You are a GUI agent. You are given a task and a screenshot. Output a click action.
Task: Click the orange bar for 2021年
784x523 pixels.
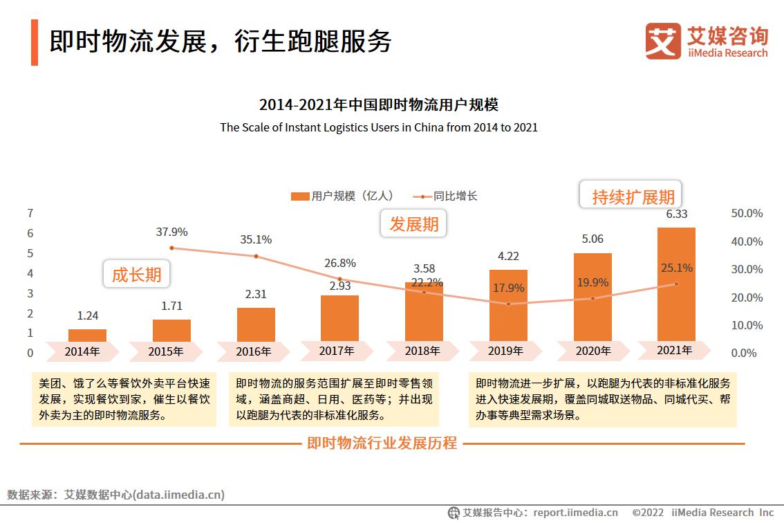pyautogui.click(x=675, y=284)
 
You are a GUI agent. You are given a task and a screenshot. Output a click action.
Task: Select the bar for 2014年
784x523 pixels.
pyautogui.click(x=88, y=336)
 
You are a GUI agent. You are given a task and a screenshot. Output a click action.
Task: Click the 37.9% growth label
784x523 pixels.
pyautogui.click(x=171, y=232)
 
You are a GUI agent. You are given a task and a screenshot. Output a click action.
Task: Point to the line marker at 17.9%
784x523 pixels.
pyautogui.click(x=509, y=304)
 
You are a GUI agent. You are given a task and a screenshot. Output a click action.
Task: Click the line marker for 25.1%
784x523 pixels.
pyautogui.click(x=676, y=284)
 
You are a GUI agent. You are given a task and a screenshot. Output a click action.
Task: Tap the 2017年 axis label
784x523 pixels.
pyautogui.click(x=337, y=351)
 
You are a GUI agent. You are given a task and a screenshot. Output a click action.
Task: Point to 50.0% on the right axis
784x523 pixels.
pyautogui.click(x=747, y=213)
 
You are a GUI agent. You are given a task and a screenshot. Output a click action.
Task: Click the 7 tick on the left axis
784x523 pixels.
pyautogui.click(x=30, y=213)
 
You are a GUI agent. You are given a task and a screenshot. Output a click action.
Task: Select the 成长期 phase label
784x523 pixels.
pyautogui.click(x=136, y=275)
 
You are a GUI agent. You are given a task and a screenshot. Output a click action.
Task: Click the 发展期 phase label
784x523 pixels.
pyautogui.click(x=413, y=224)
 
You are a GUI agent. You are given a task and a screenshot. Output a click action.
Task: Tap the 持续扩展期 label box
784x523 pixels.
pyautogui.click(x=633, y=196)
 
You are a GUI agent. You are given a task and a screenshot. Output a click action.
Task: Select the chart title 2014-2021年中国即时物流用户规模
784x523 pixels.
pyautogui.click(x=378, y=105)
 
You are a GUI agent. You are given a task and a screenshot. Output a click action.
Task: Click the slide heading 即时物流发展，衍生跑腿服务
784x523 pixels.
pyautogui.click(x=220, y=42)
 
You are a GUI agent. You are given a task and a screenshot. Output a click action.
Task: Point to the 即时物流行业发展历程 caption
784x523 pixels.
pyautogui.click(x=382, y=443)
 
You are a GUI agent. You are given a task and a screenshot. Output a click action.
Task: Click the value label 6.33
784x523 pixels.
pyautogui.click(x=676, y=214)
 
